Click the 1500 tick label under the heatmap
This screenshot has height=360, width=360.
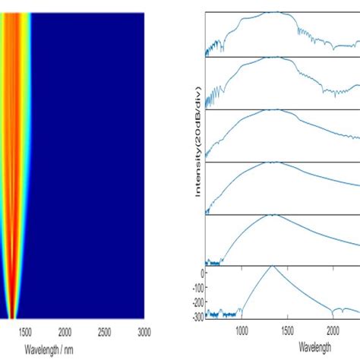pyautogui.click(x=24, y=332)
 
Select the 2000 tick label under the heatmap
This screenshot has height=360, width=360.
pyautogui.click(x=65, y=332)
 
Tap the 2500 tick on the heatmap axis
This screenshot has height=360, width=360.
pyautogui.click(x=105, y=332)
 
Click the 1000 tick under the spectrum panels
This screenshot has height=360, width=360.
pyautogui.click(x=242, y=332)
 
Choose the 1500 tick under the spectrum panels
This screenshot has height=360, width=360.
pyautogui.click(x=287, y=332)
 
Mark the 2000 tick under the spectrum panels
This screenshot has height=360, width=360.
pyautogui.click(x=333, y=332)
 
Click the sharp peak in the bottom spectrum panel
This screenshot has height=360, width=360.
pyautogui.click(x=272, y=267)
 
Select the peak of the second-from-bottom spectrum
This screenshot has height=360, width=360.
pyautogui.click(x=272, y=216)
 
